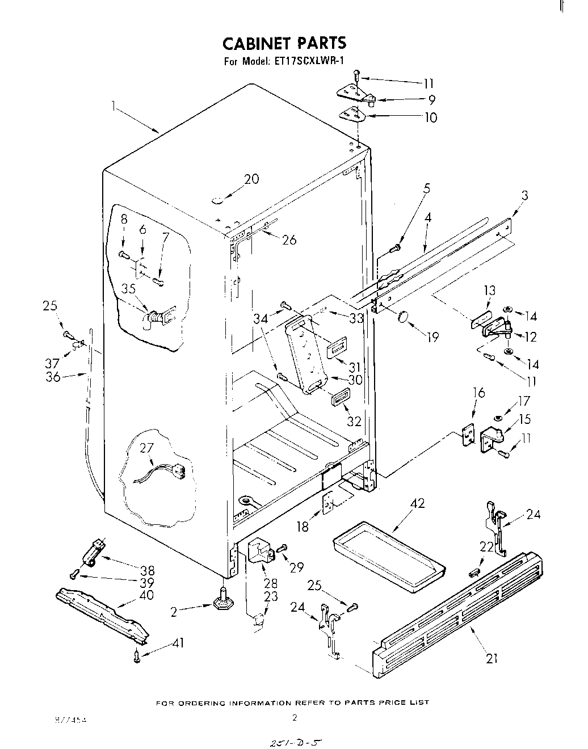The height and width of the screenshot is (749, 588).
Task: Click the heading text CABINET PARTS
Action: coord(283,43)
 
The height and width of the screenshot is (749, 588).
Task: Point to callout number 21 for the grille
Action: coord(492,658)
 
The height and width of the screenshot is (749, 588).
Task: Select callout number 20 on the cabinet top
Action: coord(251,179)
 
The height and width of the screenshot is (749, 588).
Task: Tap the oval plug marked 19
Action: coord(404,317)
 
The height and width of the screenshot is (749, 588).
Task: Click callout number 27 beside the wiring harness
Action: coord(146,448)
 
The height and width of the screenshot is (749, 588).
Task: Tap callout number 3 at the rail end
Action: coord(524,196)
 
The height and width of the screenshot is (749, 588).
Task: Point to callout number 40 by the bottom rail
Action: coord(146,595)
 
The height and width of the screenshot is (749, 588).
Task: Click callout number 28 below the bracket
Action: coord(270,583)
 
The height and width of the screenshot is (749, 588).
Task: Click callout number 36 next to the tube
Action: coord(53,376)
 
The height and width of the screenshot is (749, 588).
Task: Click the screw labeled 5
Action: coord(396,247)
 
